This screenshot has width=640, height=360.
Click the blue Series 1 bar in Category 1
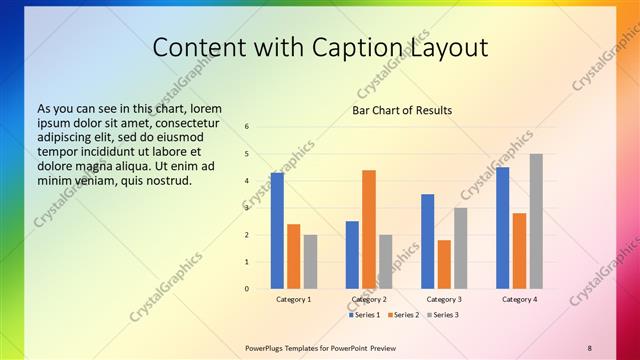[x=277, y=231]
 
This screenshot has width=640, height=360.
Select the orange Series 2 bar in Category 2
[x=369, y=229]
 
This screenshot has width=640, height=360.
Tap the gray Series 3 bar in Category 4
[x=536, y=221]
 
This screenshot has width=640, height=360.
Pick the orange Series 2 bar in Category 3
[x=444, y=264]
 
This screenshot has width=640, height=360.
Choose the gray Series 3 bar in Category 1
[x=310, y=262]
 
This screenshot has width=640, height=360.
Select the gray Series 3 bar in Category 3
[x=460, y=248]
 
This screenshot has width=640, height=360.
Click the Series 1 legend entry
[x=366, y=315]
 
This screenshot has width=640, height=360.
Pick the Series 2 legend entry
[x=405, y=315]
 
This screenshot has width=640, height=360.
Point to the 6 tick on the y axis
[x=246, y=127]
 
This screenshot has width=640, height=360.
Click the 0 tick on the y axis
[x=246, y=289]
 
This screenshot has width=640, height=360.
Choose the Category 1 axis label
[x=293, y=299]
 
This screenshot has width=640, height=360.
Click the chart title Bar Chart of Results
[x=402, y=110]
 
